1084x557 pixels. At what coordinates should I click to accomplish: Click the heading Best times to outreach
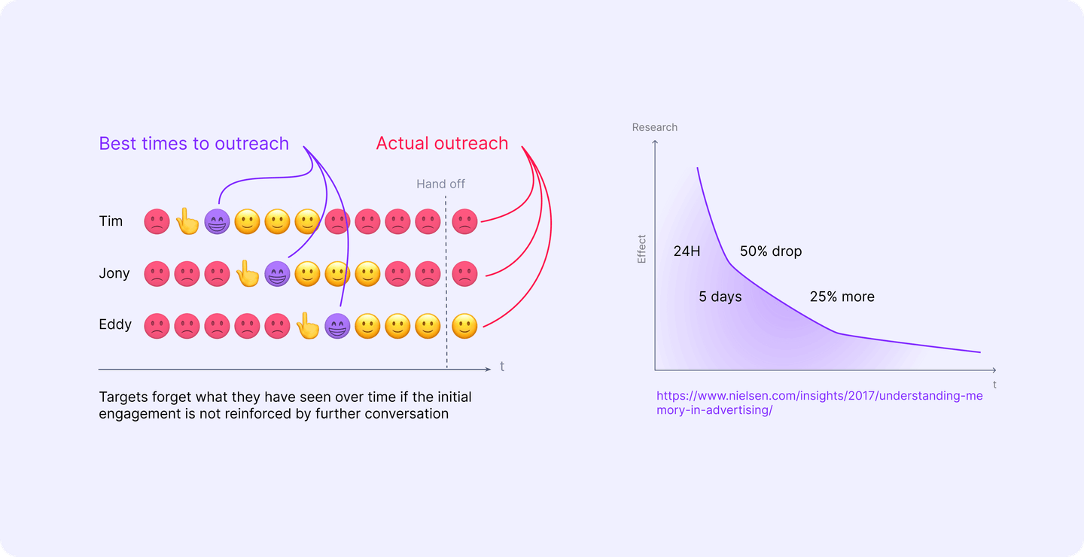pyautogui.click(x=193, y=144)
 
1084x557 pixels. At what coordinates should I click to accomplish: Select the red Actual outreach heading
pyautogui.click(x=442, y=144)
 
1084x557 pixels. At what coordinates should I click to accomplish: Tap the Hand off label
pyautogui.click(x=440, y=184)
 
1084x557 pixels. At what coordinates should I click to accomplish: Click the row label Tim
pyautogui.click(x=111, y=221)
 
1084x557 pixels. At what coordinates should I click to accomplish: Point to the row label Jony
pyautogui.click(x=114, y=273)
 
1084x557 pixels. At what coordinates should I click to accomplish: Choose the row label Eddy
pyautogui.click(x=115, y=325)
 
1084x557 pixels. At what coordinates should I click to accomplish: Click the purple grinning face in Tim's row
pyautogui.click(x=217, y=221)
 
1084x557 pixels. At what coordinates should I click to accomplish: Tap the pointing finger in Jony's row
pyautogui.click(x=247, y=274)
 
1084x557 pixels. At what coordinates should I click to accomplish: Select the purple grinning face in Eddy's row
pyautogui.click(x=336, y=326)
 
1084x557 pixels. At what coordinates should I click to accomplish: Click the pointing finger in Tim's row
pyautogui.click(x=187, y=221)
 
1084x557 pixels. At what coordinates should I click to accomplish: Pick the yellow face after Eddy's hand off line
pyautogui.click(x=464, y=326)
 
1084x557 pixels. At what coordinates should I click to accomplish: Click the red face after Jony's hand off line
pyautogui.click(x=464, y=274)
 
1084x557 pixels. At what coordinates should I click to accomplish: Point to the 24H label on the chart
pyautogui.click(x=687, y=251)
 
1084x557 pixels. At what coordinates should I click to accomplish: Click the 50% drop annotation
pyautogui.click(x=771, y=251)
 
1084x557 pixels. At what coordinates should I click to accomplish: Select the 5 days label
pyautogui.click(x=720, y=297)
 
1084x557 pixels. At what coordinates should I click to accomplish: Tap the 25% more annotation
pyautogui.click(x=842, y=297)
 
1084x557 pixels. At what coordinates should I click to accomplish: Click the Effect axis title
pyautogui.click(x=642, y=249)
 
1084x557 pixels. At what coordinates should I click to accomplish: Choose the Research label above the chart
pyautogui.click(x=654, y=127)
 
